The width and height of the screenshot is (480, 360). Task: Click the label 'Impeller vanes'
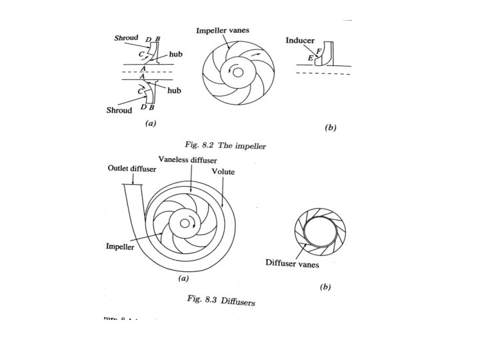point(222,31)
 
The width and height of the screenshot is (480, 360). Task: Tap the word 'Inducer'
point(300,40)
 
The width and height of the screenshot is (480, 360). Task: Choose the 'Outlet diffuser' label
point(132,169)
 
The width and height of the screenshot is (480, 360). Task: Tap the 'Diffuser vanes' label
point(293,264)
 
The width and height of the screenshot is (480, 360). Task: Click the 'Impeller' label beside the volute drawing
point(121,245)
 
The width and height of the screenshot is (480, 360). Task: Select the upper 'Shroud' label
point(126,39)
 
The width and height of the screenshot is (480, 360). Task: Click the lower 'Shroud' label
point(119,110)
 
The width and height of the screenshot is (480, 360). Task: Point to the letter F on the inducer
point(319,51)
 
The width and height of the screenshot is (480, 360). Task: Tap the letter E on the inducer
point(310,59)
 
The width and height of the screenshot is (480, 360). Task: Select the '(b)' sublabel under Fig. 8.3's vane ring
point(325,287)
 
